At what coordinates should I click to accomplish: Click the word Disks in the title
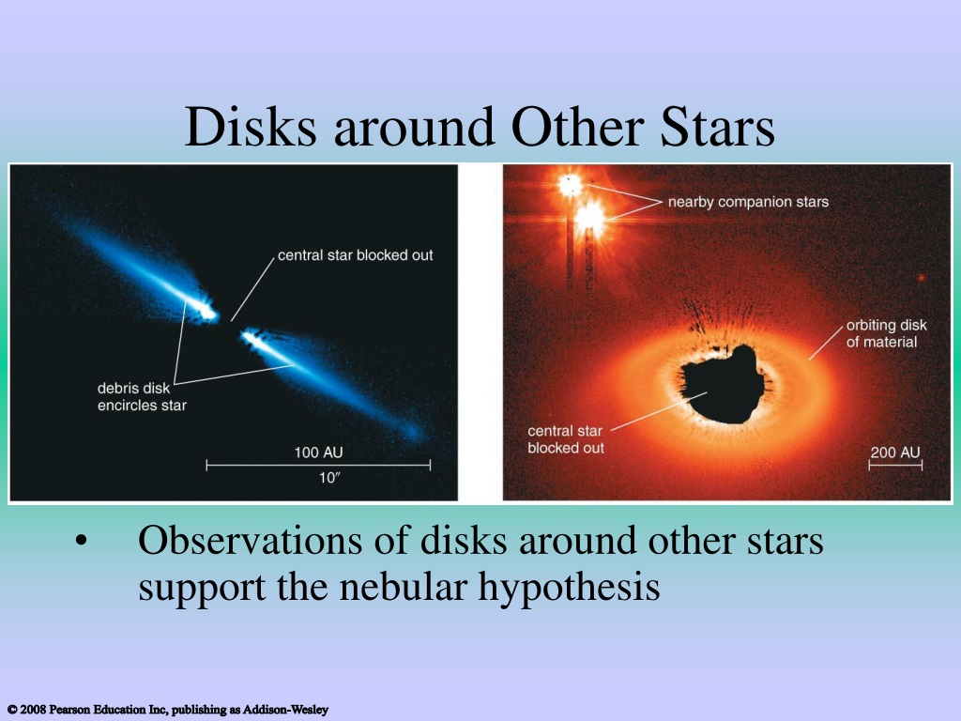(x=251, y=127)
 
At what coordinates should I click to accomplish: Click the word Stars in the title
(x=717, y=127)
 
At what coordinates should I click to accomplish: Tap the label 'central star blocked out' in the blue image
(x=356, y=255)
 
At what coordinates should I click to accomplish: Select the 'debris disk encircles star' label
(x=142, y=397)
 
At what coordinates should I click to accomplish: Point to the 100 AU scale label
(x=318, y=453)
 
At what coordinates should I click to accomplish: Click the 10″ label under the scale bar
(x=329, y=478)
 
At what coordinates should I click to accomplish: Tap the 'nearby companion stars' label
(x=748, y=202)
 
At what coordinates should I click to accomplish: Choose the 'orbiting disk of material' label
(x=886, y=333)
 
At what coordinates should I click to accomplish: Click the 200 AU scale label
(x=895, y=453)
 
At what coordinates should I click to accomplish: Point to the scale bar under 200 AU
(x=895, y=466)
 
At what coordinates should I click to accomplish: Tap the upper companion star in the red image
(x=570, y=185)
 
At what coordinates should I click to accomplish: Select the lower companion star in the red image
(x=590, y=217)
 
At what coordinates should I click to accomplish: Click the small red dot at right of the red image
(x=922, y=278)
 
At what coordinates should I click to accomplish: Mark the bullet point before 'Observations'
(x=82, y=542)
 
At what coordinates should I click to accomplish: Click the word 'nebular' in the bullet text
(x=404, y=587)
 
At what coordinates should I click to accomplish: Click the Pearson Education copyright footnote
(x=168, y=710)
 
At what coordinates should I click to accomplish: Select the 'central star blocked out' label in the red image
(x=566, y=439)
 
